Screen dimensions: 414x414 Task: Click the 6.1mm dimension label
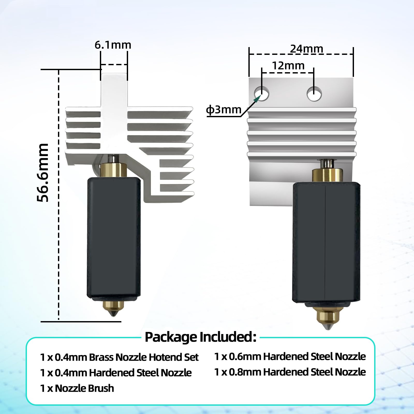pos(113,45)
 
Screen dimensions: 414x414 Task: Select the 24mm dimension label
pos(307,49)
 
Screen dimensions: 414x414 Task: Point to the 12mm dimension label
pos(288,66)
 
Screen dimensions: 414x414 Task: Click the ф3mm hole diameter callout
pos(224,110)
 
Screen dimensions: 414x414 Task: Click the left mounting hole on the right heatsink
pos(262,94)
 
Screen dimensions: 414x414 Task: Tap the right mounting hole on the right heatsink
pos(314,94)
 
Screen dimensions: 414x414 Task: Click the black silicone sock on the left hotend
pos(114,238)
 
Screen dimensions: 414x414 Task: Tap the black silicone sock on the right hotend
pos(326,242)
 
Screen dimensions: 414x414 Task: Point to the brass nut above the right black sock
pos(328,175)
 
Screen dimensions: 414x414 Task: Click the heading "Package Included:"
pos(201,337)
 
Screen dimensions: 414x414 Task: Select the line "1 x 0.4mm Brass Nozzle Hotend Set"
pos(119,357)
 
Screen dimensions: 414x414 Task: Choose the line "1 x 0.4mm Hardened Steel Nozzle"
pos(116,373)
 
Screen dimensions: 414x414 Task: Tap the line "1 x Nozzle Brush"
pos(77,388)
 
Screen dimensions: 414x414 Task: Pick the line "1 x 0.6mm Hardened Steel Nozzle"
pos(290,357)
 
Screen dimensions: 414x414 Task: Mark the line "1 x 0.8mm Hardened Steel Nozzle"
pos(290,372)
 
